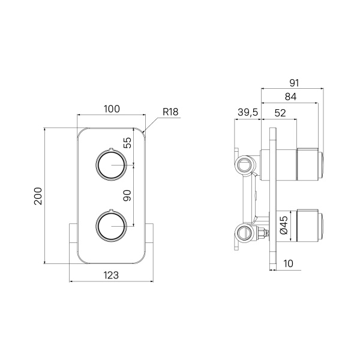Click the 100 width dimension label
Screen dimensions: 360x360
coord(112,109)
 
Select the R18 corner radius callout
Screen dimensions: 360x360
coord(171,112)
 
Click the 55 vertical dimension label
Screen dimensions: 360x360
coord(127,143)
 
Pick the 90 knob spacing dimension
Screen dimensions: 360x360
coord(127,195)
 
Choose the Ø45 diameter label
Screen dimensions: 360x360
coord(285,225)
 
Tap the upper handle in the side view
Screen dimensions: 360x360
coord(309,164)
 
